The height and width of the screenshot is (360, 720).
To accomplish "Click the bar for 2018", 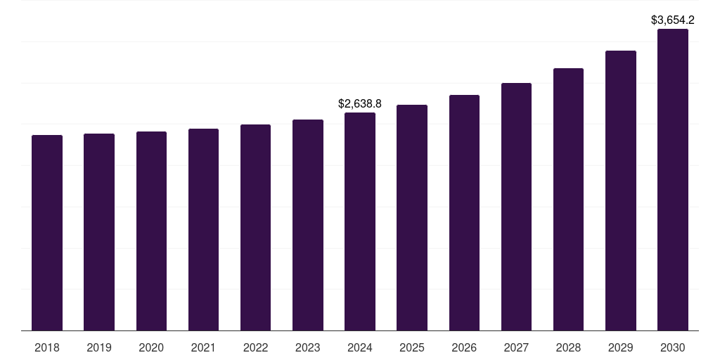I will tap(47, 232).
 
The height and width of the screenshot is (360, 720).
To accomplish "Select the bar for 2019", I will tap(99, 231).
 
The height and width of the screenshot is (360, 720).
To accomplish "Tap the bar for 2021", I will tap(203, 229).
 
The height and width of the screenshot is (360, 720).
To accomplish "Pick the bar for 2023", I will tap(308, 224).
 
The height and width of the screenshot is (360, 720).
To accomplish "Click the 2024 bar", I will tap(360, 221).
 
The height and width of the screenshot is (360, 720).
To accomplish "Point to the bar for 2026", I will tap(464, 212).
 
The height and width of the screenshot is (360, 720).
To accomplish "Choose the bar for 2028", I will tap(568, 199).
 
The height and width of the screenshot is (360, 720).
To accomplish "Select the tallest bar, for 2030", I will tap(673, 179).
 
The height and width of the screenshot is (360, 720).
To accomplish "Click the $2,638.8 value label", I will tap(360, 103).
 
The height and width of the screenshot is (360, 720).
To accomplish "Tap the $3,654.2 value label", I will tap(673, 20).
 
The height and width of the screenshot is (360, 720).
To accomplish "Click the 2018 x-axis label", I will tap(47, 347).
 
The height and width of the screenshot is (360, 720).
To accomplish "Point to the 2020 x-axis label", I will tap(151, 347).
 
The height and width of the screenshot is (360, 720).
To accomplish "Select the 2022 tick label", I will tap(256, 347).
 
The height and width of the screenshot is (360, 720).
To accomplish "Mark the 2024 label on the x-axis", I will tap(360, 347).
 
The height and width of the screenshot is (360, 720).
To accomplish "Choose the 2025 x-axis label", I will tap(412, 347).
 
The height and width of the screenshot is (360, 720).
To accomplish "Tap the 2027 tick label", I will tap(516, 347).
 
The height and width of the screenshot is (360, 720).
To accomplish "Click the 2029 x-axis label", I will tap(621, 347).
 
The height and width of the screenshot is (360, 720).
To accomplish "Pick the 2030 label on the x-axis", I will tap(673, 347).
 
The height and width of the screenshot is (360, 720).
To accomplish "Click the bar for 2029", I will tap(621, 190).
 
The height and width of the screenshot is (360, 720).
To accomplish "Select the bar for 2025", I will tap(412, 217).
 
